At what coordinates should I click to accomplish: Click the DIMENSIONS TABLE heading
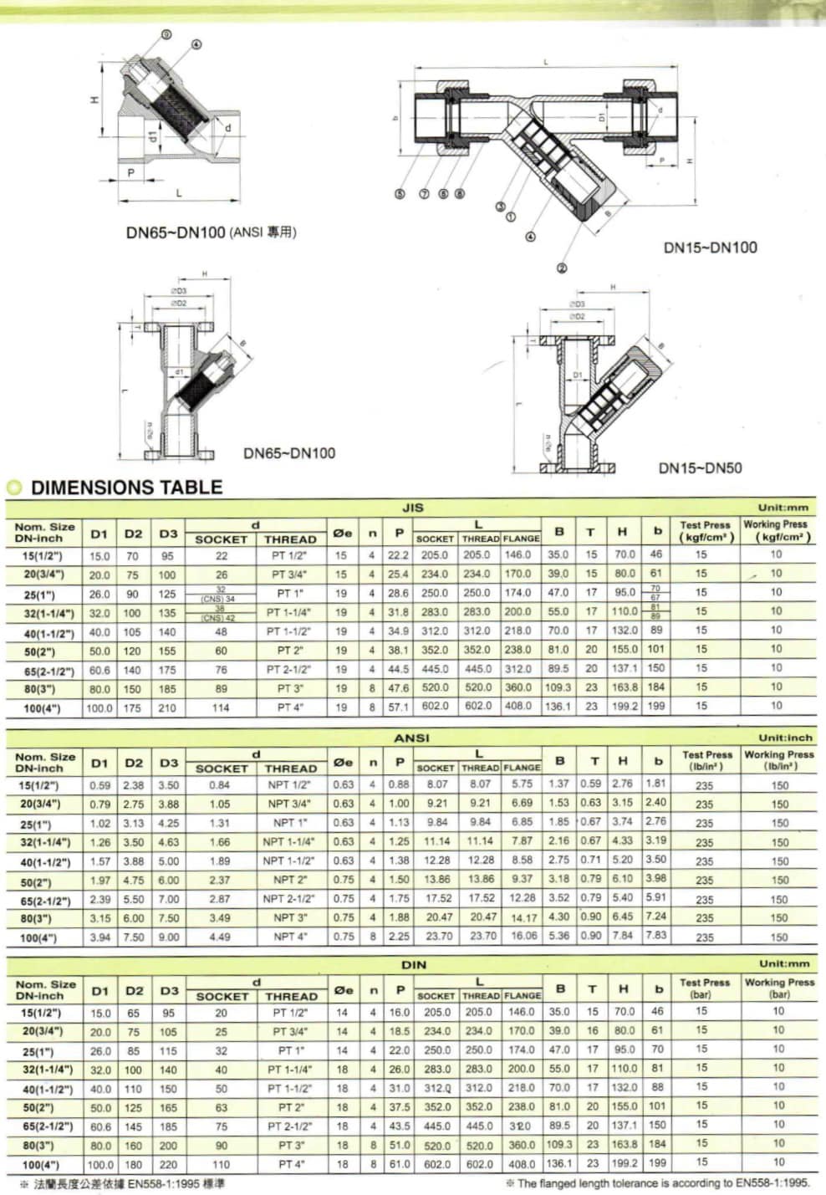(126, 488)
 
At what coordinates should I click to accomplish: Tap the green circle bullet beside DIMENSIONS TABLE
(14, 488)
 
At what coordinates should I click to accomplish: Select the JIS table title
(413, 507)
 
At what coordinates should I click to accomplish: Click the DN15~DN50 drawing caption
(700, 468)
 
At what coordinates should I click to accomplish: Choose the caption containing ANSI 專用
(211, 232)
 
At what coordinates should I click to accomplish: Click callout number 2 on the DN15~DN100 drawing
(561, 268)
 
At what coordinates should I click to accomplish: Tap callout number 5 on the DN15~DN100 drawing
(400, 194)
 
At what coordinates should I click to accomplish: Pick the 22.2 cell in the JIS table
(399, 555)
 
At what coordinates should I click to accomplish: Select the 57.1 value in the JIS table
(399, 707)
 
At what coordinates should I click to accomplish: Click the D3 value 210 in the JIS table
(167, 708)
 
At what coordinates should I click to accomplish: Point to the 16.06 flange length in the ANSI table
(523, 936)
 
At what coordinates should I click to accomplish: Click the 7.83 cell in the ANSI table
(656, 935)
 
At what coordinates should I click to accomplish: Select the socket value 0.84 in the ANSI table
(220, 785)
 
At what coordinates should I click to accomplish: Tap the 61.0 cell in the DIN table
(400, 1164)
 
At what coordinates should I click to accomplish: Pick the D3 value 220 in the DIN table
(168, 1164)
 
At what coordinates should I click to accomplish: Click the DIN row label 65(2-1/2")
(47, 1126)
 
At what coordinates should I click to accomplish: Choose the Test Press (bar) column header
(705, 988)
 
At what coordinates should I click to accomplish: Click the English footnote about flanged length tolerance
(658, 1183)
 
